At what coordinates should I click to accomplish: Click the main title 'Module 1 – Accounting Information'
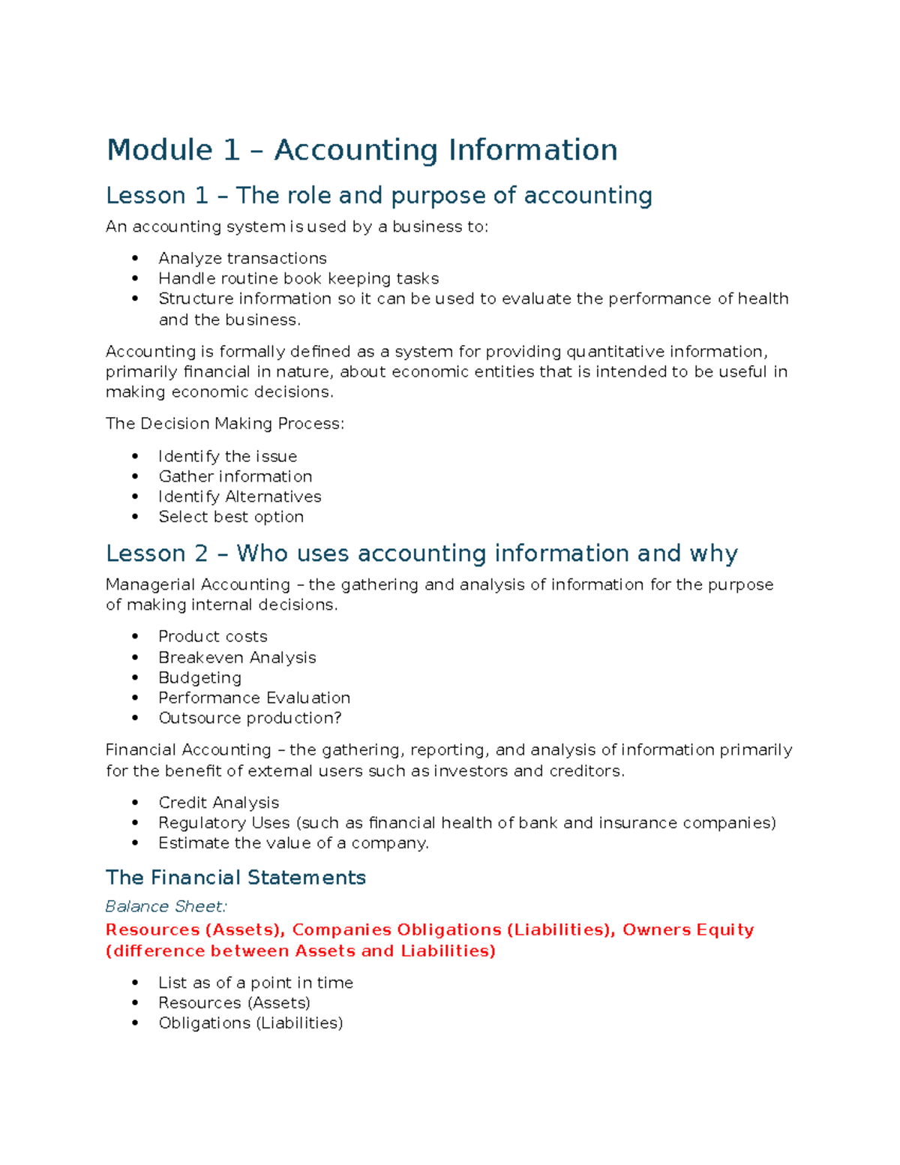coord(361,150)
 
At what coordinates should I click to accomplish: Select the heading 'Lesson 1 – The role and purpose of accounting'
coord(379,196)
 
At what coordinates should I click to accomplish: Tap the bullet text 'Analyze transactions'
coord(242,259)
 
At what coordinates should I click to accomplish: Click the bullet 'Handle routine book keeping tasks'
coord(298,279)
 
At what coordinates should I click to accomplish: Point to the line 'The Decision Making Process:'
coord(225,424)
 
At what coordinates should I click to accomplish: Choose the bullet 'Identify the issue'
coord(227,457)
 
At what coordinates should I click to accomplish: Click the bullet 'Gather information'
coord(235,477)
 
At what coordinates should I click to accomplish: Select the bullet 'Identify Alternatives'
coord(239,497)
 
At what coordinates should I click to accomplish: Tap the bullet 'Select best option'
coord(231,518)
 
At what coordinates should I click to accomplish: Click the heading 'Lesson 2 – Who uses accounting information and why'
coord(421,554)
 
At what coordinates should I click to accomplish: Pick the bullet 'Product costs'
coord(212,637)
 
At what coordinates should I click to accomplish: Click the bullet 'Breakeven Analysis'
coord(237,658)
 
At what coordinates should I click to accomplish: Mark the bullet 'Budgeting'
coord(199,678)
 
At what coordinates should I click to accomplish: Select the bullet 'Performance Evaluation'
coord(254,698)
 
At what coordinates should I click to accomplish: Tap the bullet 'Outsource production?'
coord(250,719)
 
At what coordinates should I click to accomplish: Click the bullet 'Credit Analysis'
coord(218,803)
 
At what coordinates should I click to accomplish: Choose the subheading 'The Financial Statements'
coord(235,878)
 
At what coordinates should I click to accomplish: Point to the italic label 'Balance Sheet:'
coord(166,907)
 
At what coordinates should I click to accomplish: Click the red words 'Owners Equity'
coord(688,930)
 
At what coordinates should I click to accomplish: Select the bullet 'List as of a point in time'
coord(255,983)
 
